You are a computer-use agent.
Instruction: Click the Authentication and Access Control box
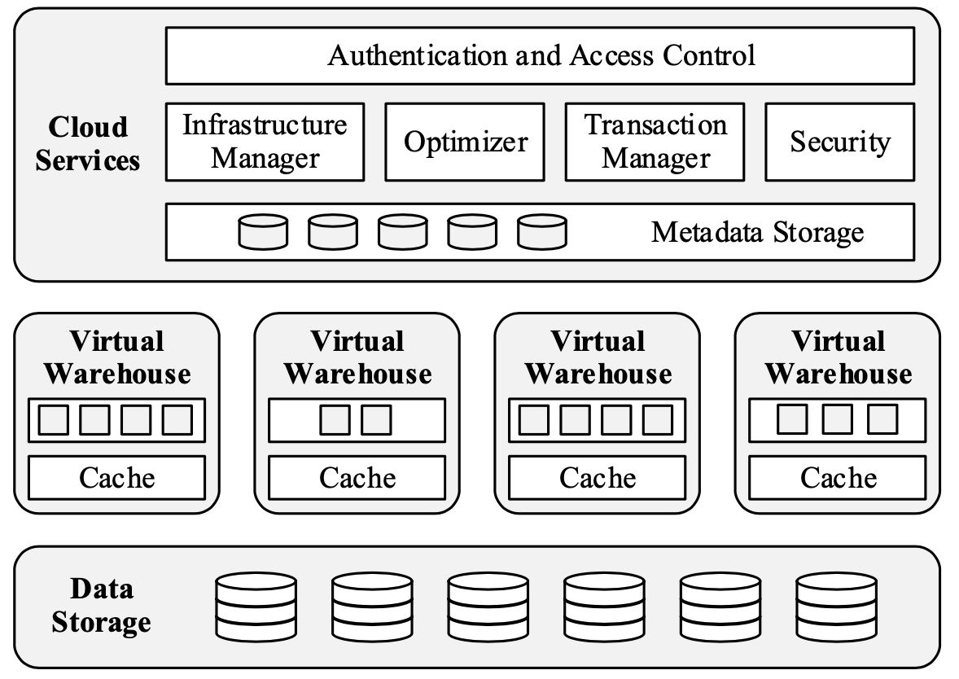click(540, 55)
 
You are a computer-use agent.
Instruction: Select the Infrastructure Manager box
click(265, 142)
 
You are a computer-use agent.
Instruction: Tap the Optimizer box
click(465, 142)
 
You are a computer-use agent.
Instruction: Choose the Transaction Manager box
click(655, 142)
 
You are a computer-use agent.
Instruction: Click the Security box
click(839, 142)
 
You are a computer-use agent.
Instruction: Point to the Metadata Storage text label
click(757, 232)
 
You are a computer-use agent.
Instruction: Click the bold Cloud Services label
click(88, 143)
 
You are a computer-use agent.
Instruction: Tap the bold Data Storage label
click(101, 606)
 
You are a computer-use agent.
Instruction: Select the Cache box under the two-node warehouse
click(357, 477)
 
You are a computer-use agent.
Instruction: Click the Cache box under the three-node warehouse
click(838, 477)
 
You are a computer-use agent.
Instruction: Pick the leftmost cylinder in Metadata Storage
click(263, 232)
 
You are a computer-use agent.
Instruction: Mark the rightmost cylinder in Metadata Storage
click(542, 232)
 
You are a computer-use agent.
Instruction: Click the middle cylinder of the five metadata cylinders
click(402, 232)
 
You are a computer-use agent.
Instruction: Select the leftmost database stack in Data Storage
click(256, 607)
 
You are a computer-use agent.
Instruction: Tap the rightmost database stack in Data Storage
click(837, 607)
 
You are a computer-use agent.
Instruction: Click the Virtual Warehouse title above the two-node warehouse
click(357, 357)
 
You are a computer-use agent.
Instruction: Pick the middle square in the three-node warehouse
click(838, 420)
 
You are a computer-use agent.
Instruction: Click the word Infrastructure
click(265, 125)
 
